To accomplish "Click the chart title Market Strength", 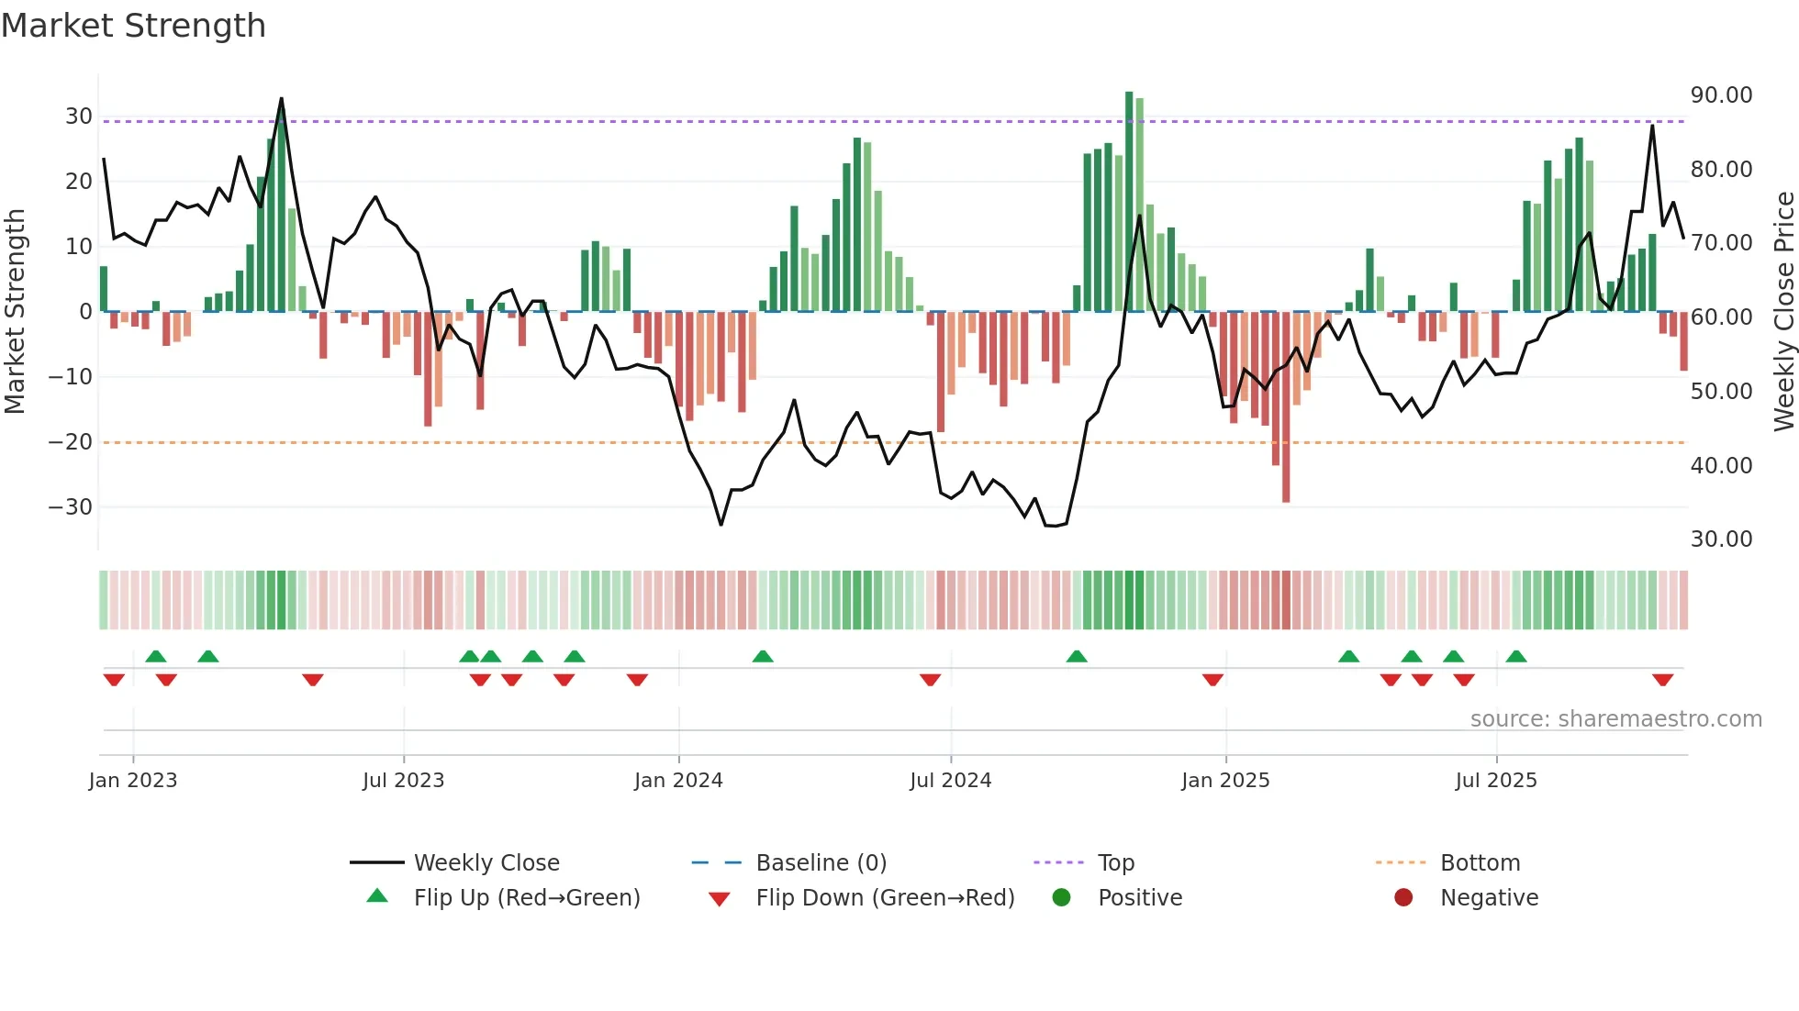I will [133, 26].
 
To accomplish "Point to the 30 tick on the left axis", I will [78, 117].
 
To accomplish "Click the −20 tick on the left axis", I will [71, 442].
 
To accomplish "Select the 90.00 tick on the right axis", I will [1721, 95].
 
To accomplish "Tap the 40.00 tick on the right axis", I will [1721, 466].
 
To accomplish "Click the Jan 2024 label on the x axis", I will [678, 781].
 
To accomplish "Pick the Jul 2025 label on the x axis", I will [1495, 781].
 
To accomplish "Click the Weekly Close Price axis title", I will [1783, 311].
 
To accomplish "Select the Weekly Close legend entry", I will [486, 863].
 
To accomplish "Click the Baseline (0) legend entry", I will [821, 863].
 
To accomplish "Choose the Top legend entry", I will [1115, 863].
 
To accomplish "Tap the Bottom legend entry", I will [1480, 863].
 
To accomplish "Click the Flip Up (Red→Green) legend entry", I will [526, 898].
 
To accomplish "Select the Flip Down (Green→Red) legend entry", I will [885, 898].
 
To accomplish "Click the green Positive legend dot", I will [1061, 898].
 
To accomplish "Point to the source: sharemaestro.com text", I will [1615, 719].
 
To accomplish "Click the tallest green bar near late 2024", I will [1129, 202].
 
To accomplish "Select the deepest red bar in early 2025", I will [1286, 408].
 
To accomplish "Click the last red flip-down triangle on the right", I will [1662, 680].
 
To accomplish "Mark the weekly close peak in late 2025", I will [1652, 126].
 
